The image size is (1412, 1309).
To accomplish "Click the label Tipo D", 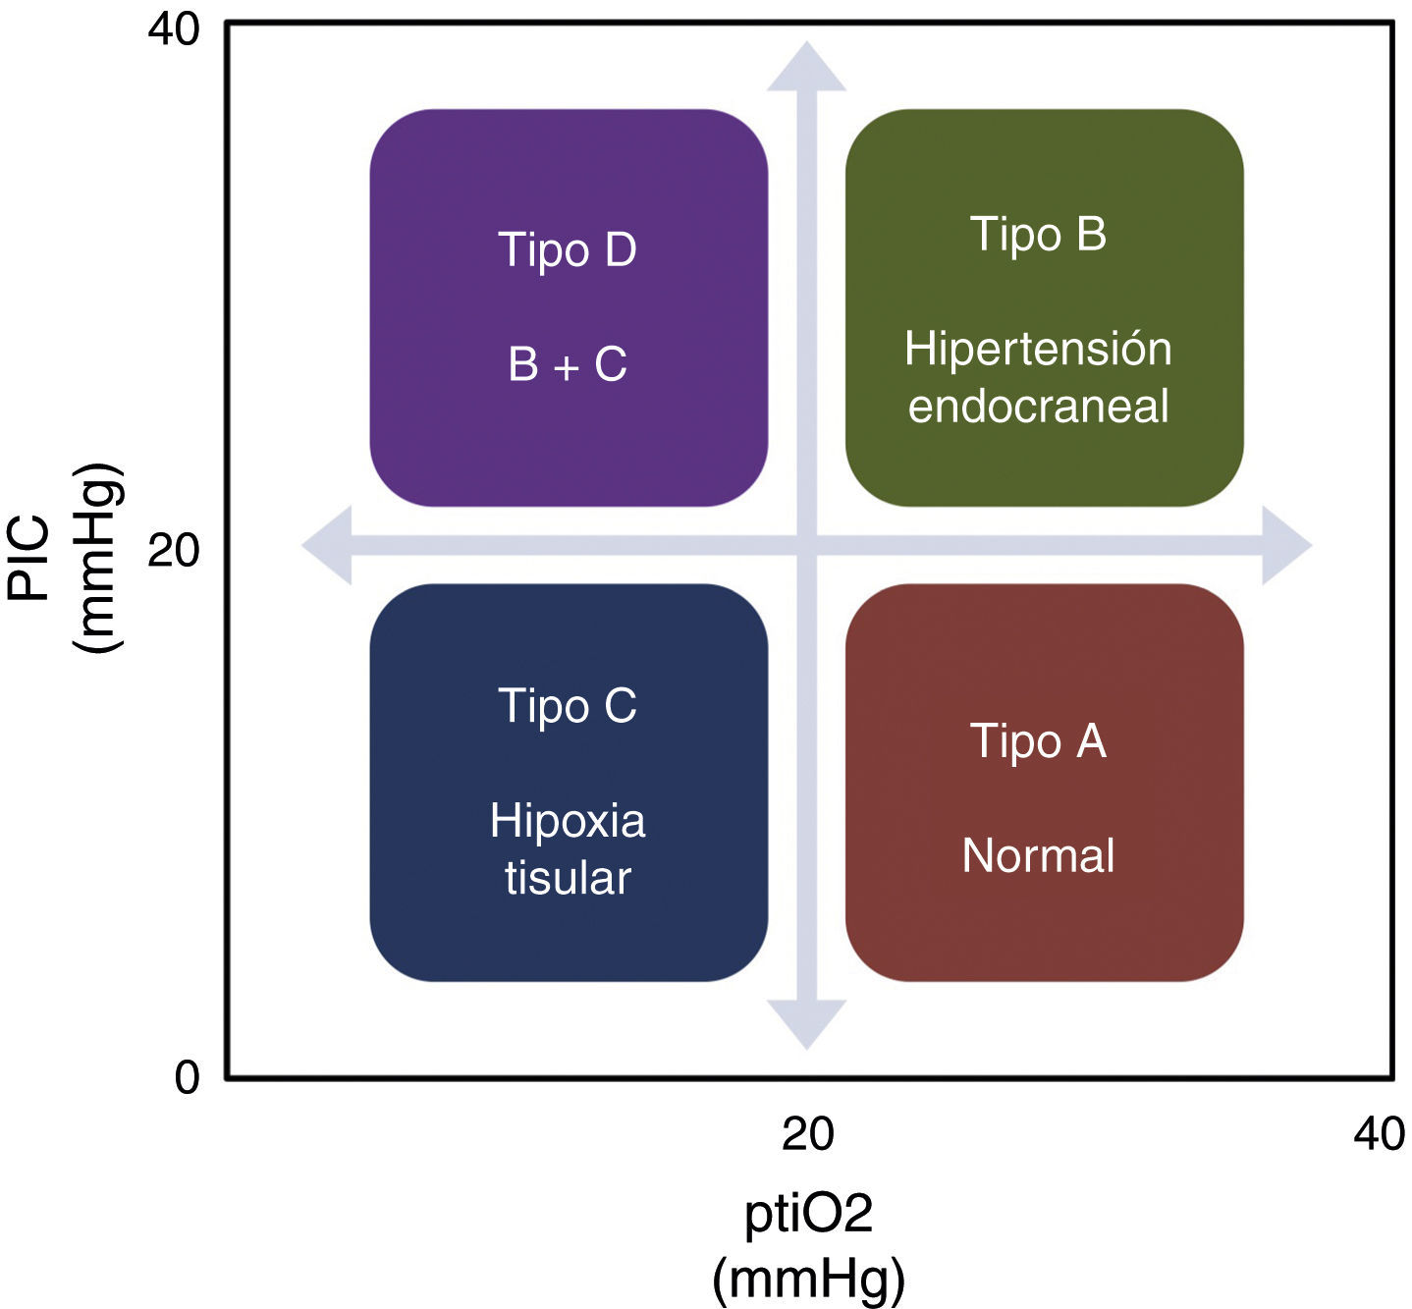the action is (x=568, y=250).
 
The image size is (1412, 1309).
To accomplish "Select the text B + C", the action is (x=568, y=365).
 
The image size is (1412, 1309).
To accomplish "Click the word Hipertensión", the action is (x=1038, y=350).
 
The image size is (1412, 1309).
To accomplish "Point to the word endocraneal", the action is (x=1038, y=407).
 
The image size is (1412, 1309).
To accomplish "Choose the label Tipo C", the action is (x=568, y=706).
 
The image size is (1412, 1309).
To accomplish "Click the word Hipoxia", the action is (x=568, y=821).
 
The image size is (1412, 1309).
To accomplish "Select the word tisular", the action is (x=568, y=878).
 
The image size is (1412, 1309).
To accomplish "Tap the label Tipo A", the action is (x=1038, y=741).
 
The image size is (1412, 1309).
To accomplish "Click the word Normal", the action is (x=1038, y=856).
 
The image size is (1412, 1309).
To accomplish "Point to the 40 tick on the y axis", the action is (x=174, y=29).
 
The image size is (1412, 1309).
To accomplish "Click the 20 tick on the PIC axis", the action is (x=174, y=552).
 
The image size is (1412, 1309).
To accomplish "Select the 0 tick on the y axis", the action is (x=187, y=1078).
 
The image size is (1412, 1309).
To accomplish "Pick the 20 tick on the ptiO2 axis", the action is (x=807, y=1134).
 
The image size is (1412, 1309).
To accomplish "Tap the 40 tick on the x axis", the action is (x=1379, y=1134).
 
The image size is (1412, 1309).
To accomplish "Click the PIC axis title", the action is (x=69, y=556).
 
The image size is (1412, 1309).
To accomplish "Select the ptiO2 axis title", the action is (x=808, y=1245).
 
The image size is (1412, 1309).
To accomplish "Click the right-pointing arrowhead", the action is (x=1285, y=546).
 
